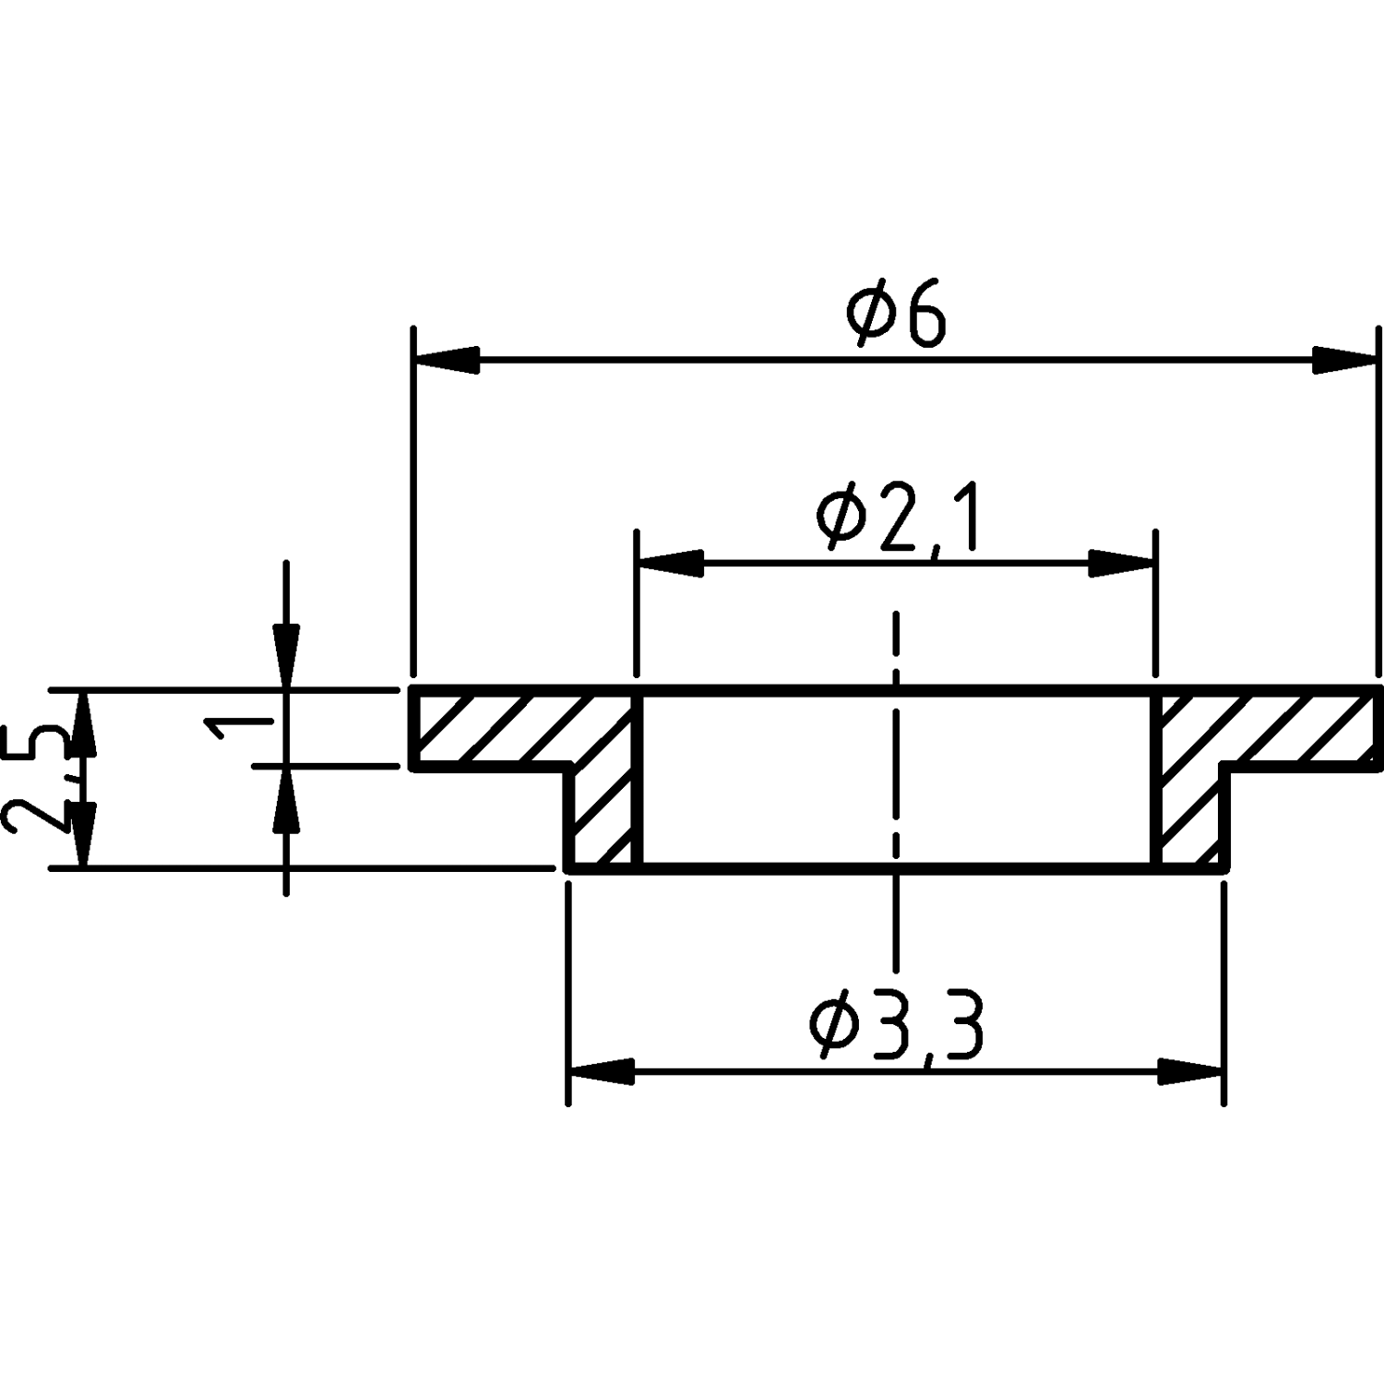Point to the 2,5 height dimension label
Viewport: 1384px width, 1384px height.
point(34,779)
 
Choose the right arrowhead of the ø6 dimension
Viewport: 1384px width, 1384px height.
point(1344,360)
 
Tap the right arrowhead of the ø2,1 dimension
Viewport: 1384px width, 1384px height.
point(1120,563)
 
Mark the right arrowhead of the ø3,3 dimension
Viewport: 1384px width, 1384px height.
point(1189,1072)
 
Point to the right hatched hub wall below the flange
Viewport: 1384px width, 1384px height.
point(1190,817)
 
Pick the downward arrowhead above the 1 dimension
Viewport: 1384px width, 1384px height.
point(286,657)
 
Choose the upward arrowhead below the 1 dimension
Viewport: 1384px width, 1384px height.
point(286,799)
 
